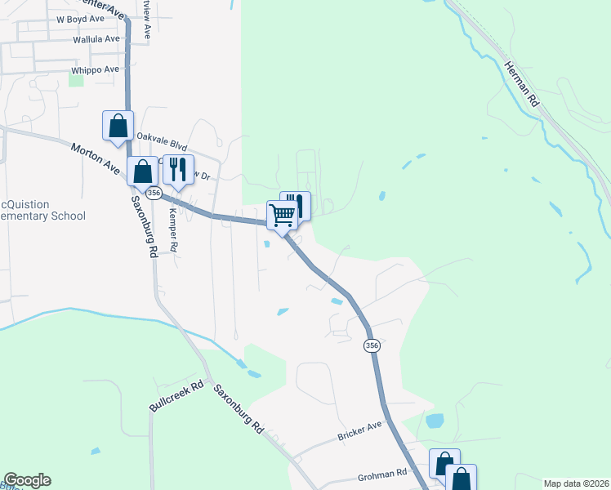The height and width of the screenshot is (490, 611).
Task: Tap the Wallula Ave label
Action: [x=96, y=38]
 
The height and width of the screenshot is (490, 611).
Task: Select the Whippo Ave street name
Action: [x=96, y=70]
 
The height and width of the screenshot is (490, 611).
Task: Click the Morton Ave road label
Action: [x=96, y=158]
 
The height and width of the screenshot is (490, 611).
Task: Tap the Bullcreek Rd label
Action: [x=175, y=396]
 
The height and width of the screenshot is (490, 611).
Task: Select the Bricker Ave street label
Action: [x=359, y=432]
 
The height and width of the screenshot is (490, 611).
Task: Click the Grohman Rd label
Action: [x=381, y=474]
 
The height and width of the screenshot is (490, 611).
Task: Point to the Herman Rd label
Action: [x=522, y=86]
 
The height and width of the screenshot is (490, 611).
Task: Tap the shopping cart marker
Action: [x=283, y=216]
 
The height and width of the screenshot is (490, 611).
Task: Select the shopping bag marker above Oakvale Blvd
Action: [x=118, y=126]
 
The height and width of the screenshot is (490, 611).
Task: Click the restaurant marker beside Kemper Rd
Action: [x=179, y=170]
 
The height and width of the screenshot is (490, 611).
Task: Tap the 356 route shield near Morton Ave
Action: [x=154, y=193]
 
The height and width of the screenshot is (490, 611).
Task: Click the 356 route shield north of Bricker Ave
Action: [x=371, y=345]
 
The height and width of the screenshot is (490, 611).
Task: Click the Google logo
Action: [x=27, y=480]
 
